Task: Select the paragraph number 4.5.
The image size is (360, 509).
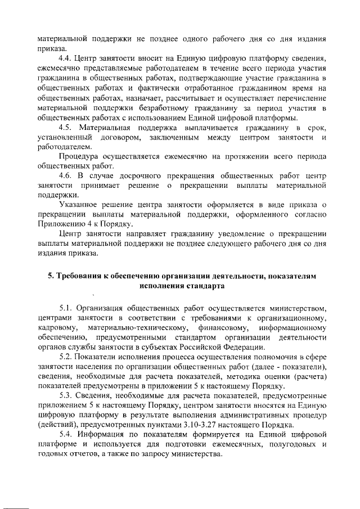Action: (66, 128)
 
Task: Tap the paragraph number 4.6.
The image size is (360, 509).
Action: (66, 175)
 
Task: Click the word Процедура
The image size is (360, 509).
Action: (78, 157)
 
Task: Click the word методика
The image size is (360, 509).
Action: (251, 377)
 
